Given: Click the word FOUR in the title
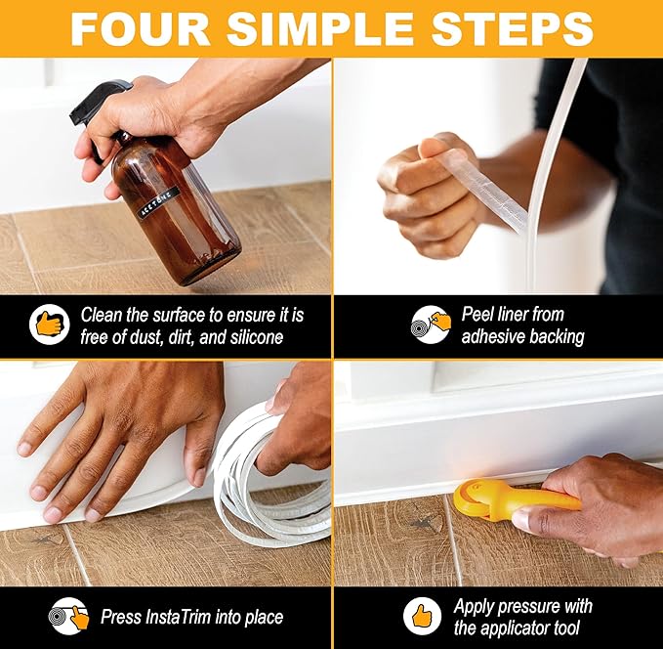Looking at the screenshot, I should tap(136, 27).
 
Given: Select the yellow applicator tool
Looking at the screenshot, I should tap(508, 498).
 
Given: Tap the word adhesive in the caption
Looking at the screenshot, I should tap(496, 337).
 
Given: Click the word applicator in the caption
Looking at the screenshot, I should tap(524, 628).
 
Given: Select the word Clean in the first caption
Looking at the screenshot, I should tap(103, 315).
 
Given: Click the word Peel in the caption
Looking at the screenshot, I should tap(479, 315).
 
